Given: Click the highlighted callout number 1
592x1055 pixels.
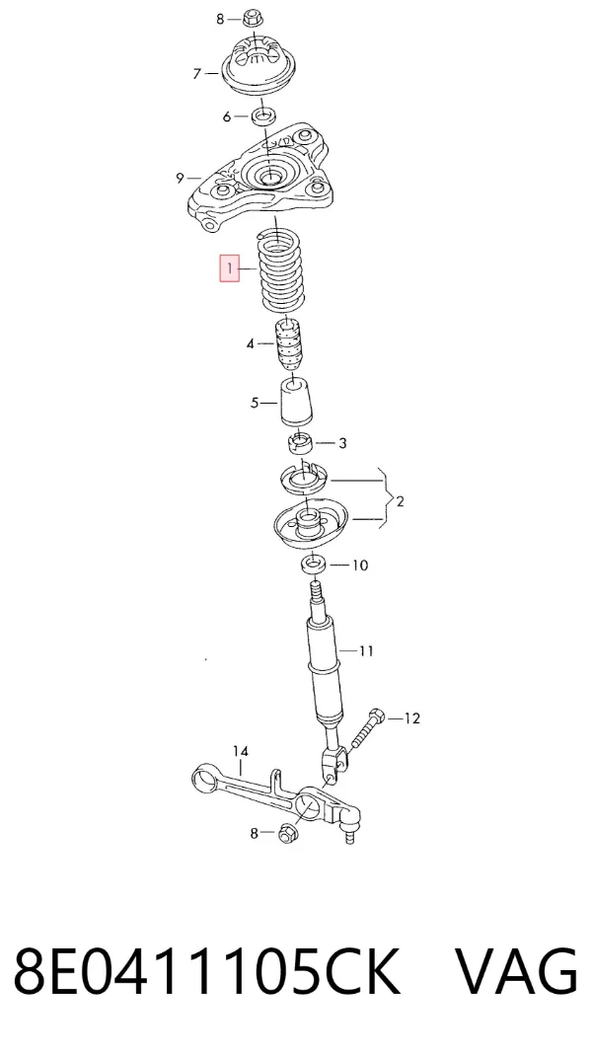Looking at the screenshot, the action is coord(229,269).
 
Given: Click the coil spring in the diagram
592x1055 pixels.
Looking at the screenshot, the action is coord(282,271).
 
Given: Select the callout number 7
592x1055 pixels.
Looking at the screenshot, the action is coord(197,73).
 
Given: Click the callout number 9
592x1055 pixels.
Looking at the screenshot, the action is coord(180,179).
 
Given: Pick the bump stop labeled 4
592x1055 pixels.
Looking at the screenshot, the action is coord(288,343).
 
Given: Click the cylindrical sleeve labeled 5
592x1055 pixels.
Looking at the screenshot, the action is coord(296,402).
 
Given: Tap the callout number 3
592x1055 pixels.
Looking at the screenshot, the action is coord(342,443).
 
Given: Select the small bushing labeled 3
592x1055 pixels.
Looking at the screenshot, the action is coord(301,444).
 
